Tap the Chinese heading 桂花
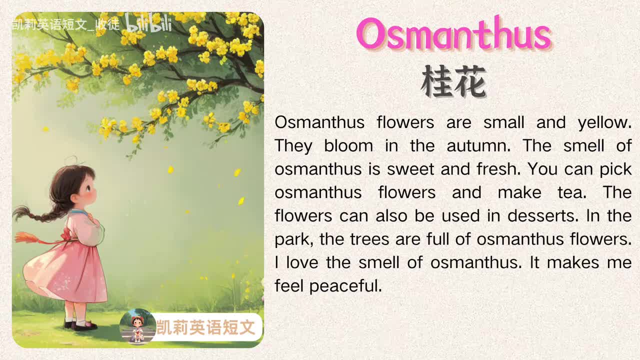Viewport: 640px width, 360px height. point(453,82)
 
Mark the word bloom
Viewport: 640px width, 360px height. point(348,146)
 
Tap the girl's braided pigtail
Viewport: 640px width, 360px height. point(37,213)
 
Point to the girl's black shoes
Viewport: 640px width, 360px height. point(82,325)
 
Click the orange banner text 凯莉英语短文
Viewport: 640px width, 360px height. point(206,327)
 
